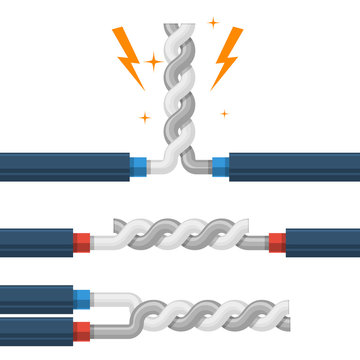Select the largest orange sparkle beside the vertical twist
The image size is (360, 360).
[x=155, y=62]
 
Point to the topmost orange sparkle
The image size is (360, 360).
[x=213, y=21]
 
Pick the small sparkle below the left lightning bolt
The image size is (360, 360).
[x=143, y=118]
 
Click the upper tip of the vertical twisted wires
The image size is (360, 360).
[x=179, y=25]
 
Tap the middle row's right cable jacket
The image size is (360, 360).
[x=322, y=241]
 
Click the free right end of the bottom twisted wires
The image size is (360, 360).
[x=284, y=313]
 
